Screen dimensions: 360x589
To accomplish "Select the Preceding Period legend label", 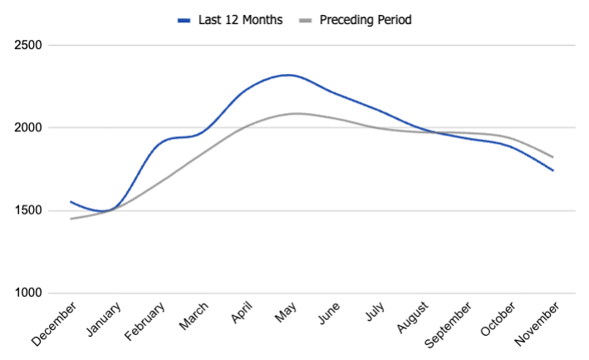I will tap(366, 19).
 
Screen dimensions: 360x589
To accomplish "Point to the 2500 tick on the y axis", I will tap(29, 45).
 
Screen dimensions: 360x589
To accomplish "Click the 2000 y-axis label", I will tap(29, 128).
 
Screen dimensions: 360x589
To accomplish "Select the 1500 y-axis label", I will tap(29, 210).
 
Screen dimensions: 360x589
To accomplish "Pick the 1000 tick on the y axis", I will tap(29, 293).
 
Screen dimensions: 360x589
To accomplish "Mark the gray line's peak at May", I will tap(295, 113).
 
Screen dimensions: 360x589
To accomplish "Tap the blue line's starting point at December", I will tap(71, 201).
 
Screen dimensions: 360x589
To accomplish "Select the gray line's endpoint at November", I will tap(553, 157).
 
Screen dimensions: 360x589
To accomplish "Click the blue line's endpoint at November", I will tap(553, 170).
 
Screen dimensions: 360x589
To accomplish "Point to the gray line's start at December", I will tap(71, 219).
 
